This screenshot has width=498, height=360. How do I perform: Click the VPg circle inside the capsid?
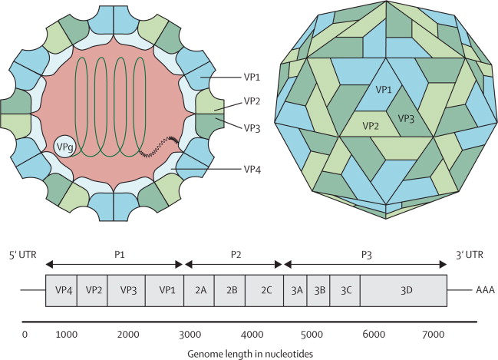coord(64,147)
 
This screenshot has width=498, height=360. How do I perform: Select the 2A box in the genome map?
coord(200,291)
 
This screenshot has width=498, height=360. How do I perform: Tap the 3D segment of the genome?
coord(404,291)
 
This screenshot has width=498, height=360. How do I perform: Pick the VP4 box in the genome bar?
coord(61,291)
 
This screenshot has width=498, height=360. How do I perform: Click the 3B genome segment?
coord(318,291)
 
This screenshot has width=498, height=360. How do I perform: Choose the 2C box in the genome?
coord(264,291)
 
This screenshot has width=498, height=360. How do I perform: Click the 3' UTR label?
coord(470,255)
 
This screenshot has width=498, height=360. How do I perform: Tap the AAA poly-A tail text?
coord(485,290)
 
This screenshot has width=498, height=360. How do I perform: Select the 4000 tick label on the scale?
coord(252,335)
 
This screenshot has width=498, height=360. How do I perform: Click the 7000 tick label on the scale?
coord(434,335)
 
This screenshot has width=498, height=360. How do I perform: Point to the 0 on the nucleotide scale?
coord(25,335)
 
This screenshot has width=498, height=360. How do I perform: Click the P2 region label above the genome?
coord(236,255)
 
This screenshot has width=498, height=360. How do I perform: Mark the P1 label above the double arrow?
coord(119,255)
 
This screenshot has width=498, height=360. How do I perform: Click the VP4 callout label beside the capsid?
coord(252,170)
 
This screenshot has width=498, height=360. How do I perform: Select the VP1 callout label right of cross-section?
coord(252,78)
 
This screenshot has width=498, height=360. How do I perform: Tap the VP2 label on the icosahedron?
coord(371,126)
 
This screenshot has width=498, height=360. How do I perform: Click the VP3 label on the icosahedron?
coord(406,119)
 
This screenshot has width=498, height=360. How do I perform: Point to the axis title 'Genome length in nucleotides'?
coord(250,354)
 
